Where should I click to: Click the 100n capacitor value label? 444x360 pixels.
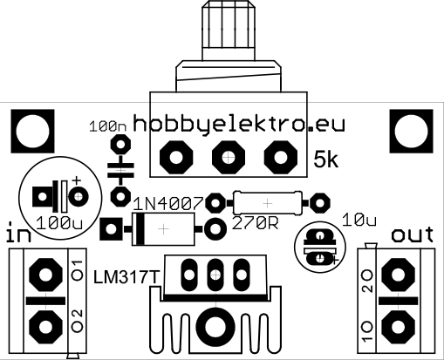pos(108,127)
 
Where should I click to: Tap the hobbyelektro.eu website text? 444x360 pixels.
pos(239,125)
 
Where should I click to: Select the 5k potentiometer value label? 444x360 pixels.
pos(326,160)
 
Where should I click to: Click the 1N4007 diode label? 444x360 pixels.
pos(167,204)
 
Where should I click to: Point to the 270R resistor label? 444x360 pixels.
pos(256,223)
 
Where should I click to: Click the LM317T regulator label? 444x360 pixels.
pos(126,277)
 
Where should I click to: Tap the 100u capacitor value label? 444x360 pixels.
pos(59,224)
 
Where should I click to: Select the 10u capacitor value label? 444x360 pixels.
pos(359,221)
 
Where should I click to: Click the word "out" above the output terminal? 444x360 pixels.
pos(413,234)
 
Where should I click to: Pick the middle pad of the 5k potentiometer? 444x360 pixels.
pos(229,158)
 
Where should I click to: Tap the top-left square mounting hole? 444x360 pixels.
pos(32,131)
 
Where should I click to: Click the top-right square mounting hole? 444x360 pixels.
pos(412,131)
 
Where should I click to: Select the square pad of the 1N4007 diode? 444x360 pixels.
pos(111,229)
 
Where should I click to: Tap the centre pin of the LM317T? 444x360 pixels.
pos(215,275)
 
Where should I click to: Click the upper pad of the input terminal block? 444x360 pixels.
pos(46,275)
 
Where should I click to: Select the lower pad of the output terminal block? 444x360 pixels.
pos(398,326)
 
